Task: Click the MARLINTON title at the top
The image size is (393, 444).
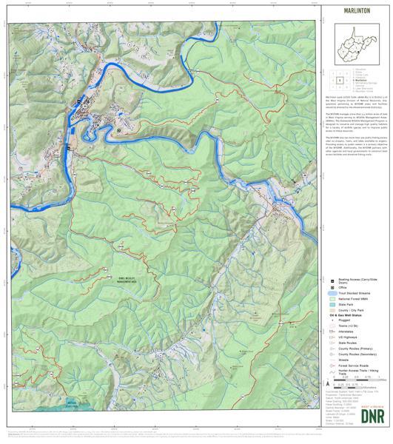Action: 357,12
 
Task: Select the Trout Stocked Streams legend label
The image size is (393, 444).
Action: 355,295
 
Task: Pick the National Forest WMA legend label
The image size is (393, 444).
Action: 354,301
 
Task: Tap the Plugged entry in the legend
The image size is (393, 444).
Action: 346,326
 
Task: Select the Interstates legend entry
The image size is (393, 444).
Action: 347,340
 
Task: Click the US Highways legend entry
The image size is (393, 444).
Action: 349,346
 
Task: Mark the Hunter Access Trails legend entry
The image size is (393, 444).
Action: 357,374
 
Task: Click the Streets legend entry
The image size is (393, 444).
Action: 345,360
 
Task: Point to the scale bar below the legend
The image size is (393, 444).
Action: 348,383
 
